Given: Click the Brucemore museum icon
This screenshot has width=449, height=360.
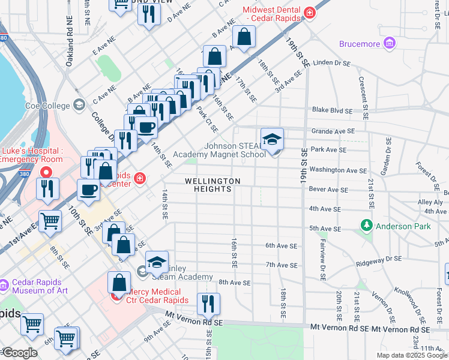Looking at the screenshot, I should (390, 43).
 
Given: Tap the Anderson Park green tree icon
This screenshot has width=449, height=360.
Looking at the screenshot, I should (366, 226).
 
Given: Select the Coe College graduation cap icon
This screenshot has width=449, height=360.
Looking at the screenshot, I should (79, 106).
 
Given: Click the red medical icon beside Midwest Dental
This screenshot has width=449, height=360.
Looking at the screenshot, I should (310, 13).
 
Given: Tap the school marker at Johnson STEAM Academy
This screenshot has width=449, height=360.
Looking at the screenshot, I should (272, 140).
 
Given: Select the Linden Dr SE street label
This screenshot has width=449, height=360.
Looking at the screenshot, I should (331, 62).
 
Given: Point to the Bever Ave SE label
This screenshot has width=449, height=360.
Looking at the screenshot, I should (328, 190).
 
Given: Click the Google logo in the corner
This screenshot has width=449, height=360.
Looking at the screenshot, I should (19, 353).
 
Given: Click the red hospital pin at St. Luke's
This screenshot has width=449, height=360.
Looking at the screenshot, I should (46, 172).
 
